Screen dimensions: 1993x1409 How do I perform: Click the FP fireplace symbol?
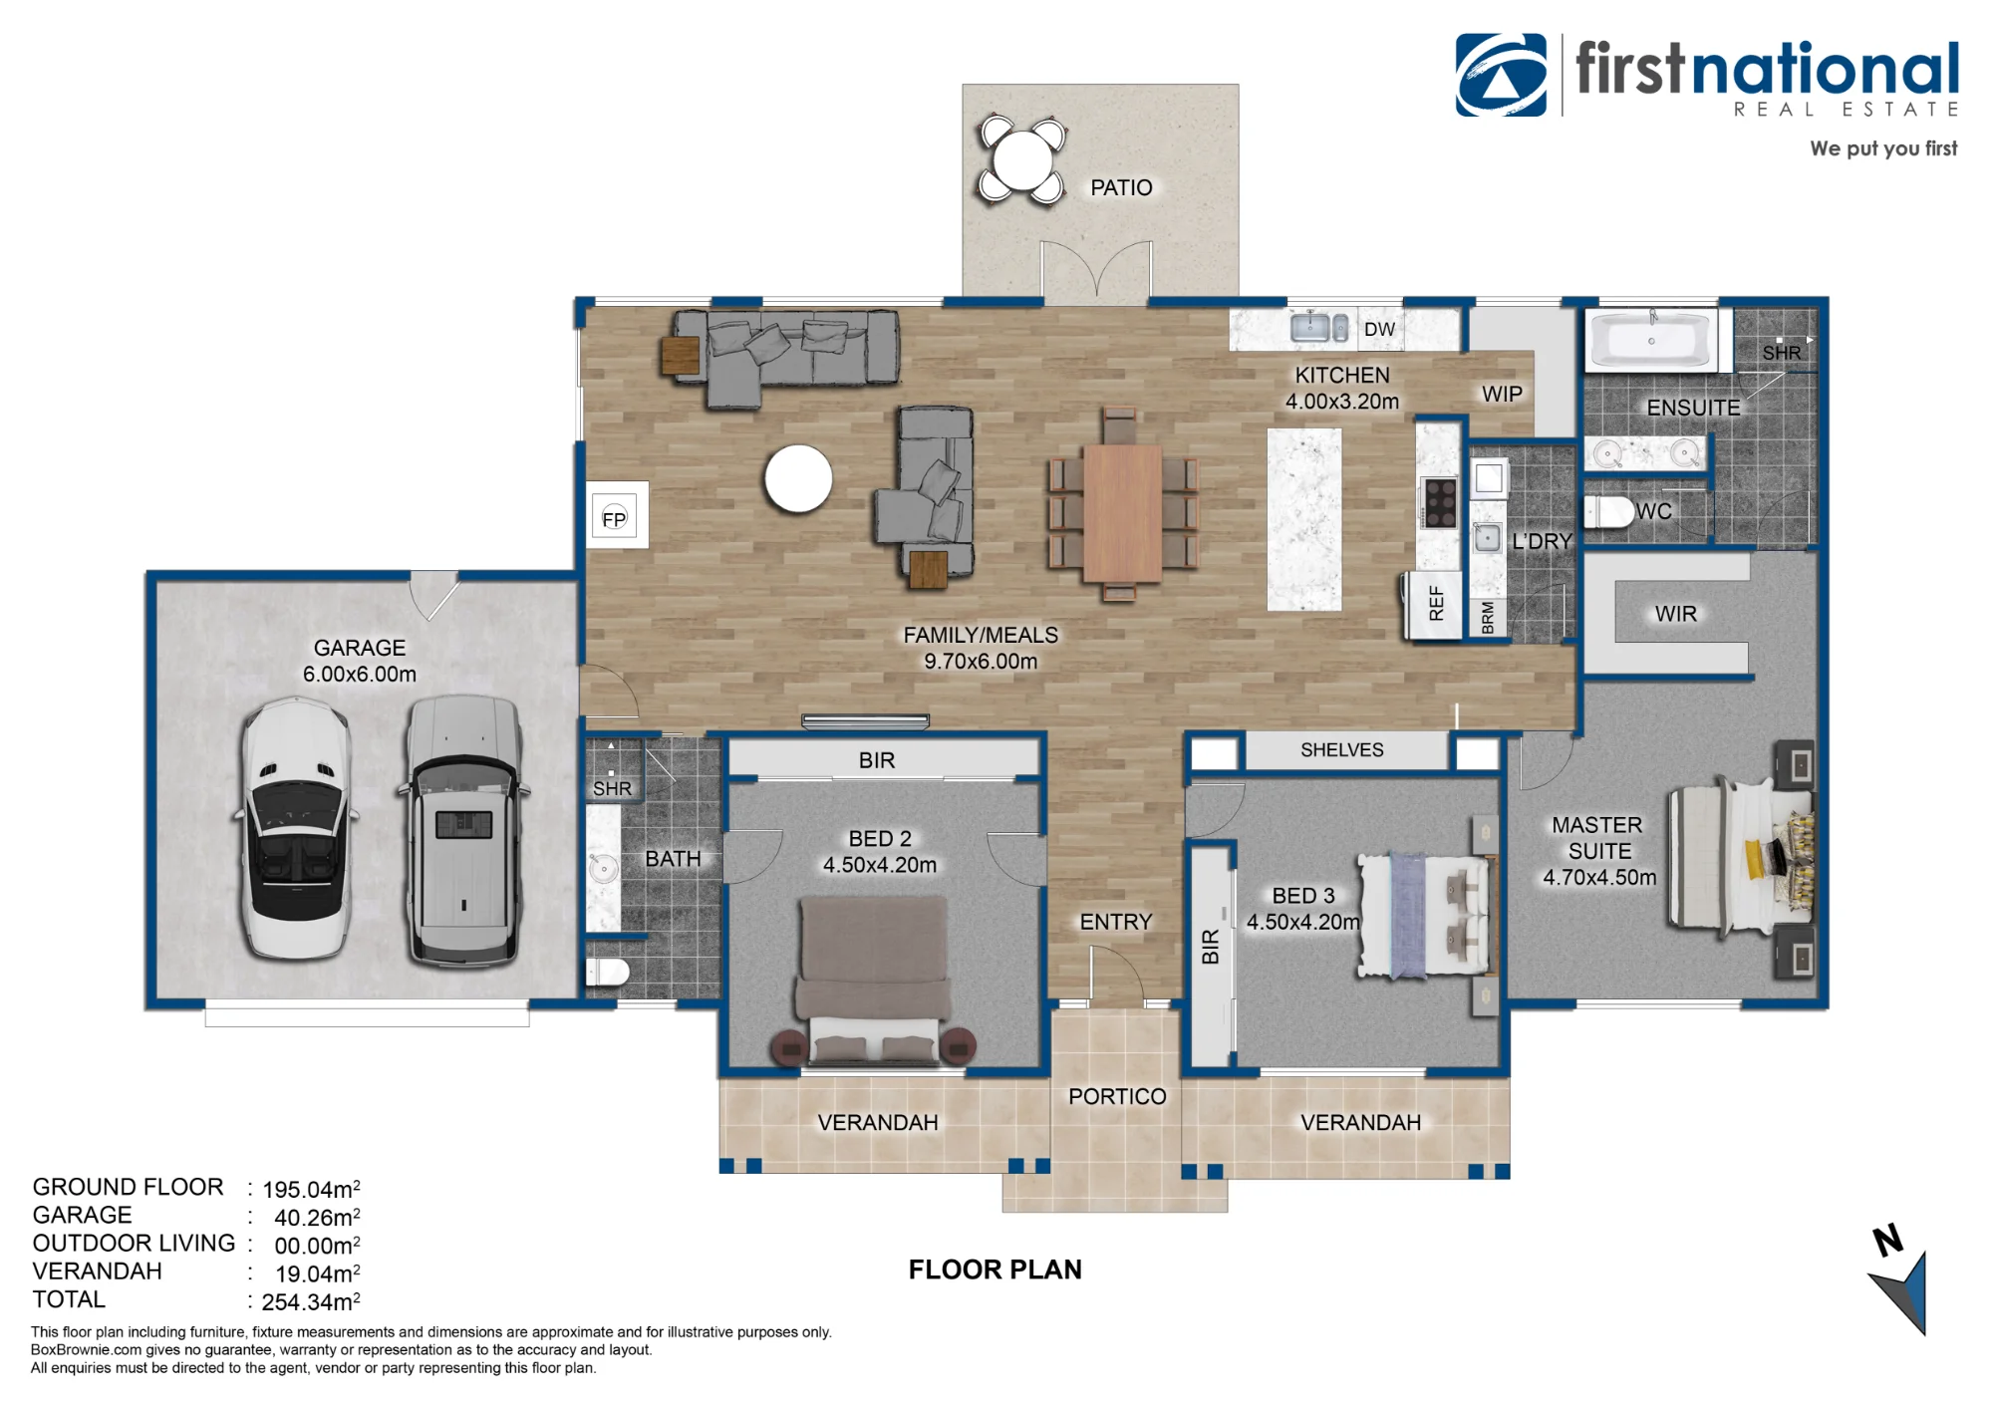coord(614,518)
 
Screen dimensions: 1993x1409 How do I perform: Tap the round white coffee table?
coord(798,479)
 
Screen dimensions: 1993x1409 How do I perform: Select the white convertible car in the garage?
coord(296,827)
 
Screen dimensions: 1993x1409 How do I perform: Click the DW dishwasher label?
coord(1379,330)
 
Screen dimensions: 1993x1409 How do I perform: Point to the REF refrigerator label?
coord(1436,604)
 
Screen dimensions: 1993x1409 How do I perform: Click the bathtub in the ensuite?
coord(1651,340)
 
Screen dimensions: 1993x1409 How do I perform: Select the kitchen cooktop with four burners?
coord(1440,502)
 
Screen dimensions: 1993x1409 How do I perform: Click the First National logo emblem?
coord(1501,75)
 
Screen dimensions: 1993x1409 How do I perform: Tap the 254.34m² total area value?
coord(311,1301)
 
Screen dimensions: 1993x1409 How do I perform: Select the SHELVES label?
coord(1341,750)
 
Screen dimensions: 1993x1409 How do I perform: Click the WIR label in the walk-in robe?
coord(1675,614)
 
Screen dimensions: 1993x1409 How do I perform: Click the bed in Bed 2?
coord(873,981)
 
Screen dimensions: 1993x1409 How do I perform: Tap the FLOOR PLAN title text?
coord(995,1269)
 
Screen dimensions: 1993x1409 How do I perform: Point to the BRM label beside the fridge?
coord(1488,617)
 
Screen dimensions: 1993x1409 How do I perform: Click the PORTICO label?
coord(1117,1096)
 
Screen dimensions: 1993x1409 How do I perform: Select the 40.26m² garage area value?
coord(317,1218)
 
